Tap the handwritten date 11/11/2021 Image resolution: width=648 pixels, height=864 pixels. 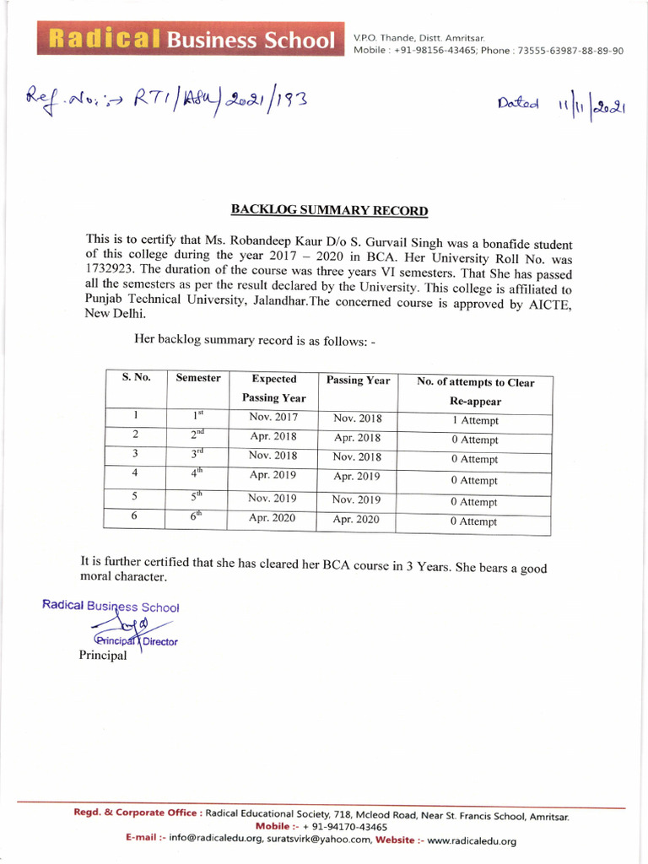561,107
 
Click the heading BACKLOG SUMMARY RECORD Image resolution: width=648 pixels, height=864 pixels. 330,211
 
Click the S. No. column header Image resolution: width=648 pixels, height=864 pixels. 136,378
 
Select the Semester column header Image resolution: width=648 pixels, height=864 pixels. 198,378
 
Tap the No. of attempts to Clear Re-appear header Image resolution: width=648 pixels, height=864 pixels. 475,391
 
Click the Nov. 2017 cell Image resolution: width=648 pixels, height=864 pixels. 273,417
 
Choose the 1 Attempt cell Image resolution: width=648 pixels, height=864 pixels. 474,420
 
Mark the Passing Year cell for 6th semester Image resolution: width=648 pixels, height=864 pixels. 356,520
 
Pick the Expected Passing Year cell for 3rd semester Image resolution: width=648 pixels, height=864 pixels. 273,456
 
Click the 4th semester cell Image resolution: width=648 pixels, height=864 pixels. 197,475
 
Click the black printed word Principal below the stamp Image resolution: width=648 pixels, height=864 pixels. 103,656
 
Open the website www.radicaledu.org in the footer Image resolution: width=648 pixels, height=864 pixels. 471,840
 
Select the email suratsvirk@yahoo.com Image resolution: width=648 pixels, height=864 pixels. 320,840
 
